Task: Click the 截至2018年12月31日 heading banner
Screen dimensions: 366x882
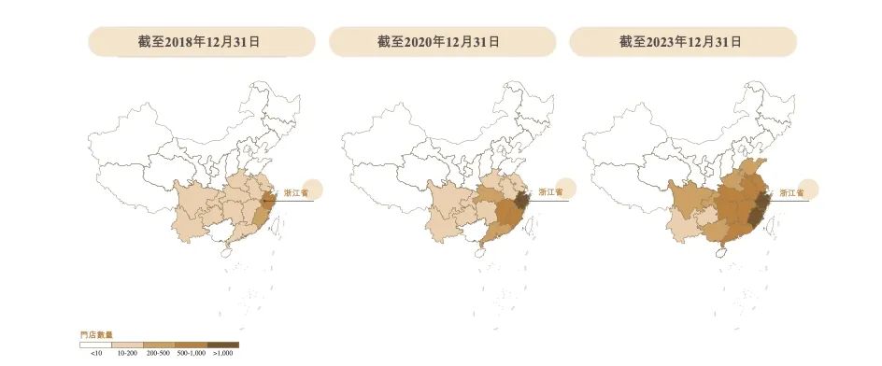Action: click(x=197, y=41)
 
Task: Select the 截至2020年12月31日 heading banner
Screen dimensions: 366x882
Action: click(x=439, y=41)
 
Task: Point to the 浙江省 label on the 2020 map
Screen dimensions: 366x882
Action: click(x=549, y=192)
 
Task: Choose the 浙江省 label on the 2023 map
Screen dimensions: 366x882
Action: click(x=791, y=192)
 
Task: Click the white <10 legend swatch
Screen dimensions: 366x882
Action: click(x=95, y=345)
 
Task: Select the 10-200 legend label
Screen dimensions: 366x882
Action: click(x=127, y=354)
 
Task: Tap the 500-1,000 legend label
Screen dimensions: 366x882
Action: click(x=192, y=354)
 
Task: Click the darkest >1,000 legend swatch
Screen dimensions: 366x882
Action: click(x=223, y=345)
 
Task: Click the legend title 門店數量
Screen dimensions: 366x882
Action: click(x=93, y=334)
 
